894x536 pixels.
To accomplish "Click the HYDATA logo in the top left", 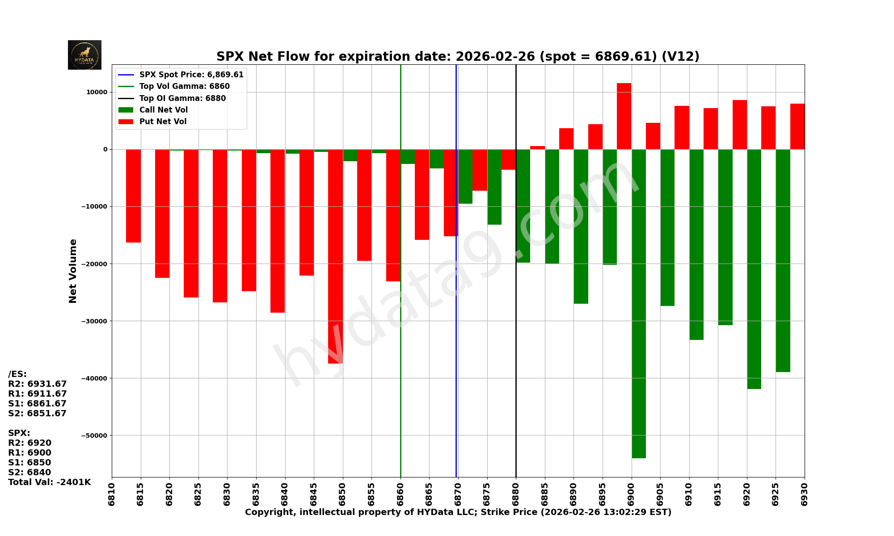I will coord(84,55).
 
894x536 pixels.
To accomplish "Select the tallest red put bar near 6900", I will coord(624,116).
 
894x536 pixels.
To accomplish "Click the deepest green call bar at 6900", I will coord(639,304).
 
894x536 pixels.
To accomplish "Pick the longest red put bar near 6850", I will coord(335,256).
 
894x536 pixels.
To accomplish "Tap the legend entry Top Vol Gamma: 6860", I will coord(184,86).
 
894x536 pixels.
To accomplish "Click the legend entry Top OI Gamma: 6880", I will coord(182,98).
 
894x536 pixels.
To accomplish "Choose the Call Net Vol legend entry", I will coord(163,110).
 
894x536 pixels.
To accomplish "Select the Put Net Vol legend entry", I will coord(163,121).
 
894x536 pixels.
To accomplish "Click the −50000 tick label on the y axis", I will coord(94,435).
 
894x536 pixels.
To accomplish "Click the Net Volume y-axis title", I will coord(73,271).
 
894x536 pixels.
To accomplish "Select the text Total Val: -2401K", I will coord(49,482).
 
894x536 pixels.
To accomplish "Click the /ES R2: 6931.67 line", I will coord(38,384).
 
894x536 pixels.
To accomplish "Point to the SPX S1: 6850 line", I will coord(30,463).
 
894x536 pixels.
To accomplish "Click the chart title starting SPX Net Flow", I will coord(458,57).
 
